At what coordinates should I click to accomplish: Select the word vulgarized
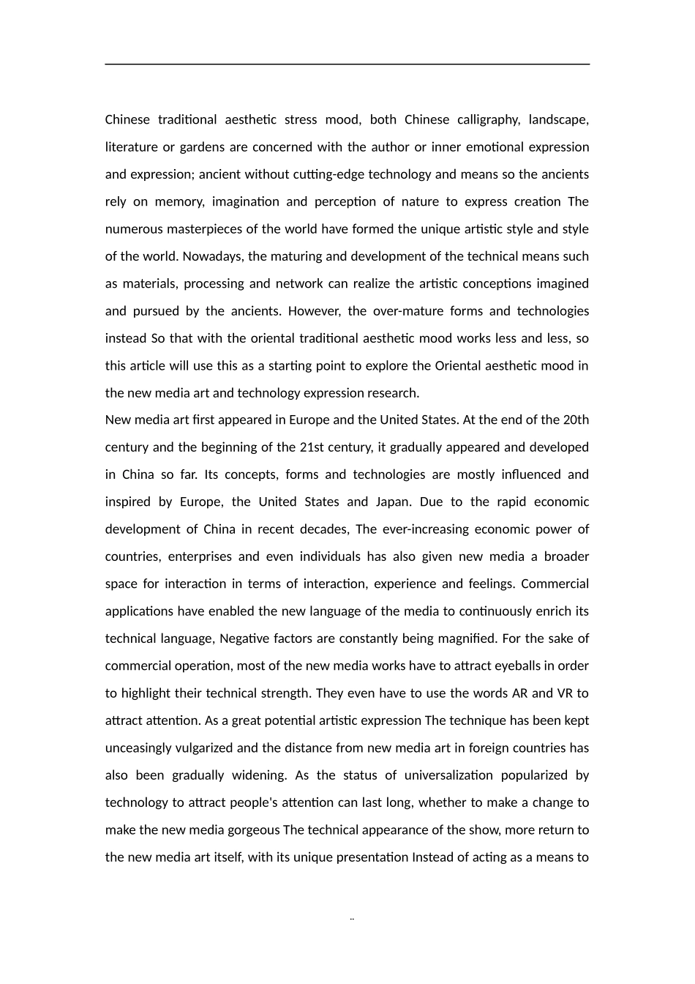coord(203,748)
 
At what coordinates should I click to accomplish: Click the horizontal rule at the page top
coord(347,64)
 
